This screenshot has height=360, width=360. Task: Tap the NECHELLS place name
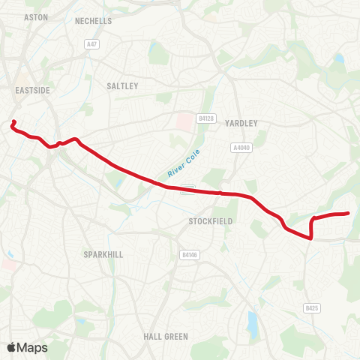pyautogui.click(x=93, y=21)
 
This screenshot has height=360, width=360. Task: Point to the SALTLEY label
pyautogui.click(x=123, y=86)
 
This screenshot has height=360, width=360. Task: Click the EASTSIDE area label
pyautogui.click(x=32, y=90)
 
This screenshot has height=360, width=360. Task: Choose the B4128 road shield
pyautogui.click(x=206, y=118)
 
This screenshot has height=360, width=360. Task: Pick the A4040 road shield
pyautogui.click(x=241, y=148)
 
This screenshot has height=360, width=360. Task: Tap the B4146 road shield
pyautogui.click(x=190, y=255)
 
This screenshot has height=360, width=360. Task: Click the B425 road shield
pyautogui.click(x=312, y=307)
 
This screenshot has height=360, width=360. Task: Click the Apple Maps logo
pyautogui.click(x=27, y=347)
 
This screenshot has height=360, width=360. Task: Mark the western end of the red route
pyautogui.click(x=14, y=121)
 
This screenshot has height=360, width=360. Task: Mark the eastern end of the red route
pyautogui.click(x=349, y=214)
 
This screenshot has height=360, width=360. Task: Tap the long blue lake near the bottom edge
pyautogui.click(x=251, y=323)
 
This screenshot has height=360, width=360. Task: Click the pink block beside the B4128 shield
pyautogui.click(x=184, y=120)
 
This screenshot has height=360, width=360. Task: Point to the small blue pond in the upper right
pyautogui.click(x=340, y=57)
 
